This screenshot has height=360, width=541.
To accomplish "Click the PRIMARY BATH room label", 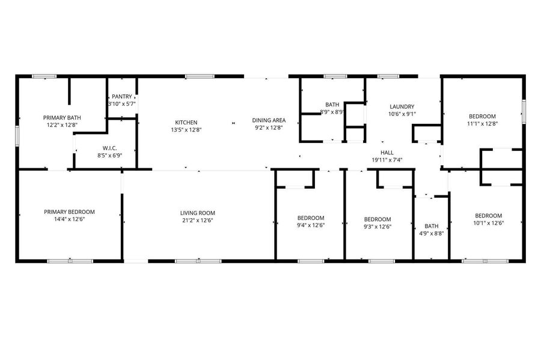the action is [62, 118].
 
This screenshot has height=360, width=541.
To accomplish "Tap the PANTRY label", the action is [122, 97].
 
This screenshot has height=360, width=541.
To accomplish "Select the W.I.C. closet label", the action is [110, 148].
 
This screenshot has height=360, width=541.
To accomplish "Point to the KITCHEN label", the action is [186, 123].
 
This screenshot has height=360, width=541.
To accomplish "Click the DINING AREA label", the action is [269, 120].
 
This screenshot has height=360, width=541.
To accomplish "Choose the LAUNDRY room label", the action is [402, 106].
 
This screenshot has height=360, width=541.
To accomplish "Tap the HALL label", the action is [387, 153].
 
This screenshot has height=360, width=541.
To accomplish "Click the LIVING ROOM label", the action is [198, 213].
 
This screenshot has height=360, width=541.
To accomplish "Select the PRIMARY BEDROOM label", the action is [69, 212].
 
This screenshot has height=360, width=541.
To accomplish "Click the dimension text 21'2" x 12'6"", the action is [198, 221].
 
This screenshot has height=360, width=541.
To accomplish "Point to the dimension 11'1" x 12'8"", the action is [482, 124].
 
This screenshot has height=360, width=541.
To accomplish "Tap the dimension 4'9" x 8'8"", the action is [431, 233].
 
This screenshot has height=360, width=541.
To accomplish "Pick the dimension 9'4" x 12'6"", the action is [311, 225].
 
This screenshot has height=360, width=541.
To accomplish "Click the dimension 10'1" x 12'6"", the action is [489, 223].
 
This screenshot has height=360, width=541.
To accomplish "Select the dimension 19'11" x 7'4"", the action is [387, 160].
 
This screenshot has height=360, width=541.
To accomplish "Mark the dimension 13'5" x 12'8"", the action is [186, 130].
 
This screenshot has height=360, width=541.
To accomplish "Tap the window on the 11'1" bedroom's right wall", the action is [524, 111].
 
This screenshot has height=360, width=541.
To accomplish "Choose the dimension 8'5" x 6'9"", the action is [110, 156].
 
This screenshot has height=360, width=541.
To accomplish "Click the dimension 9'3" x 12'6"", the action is [377, 227].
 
